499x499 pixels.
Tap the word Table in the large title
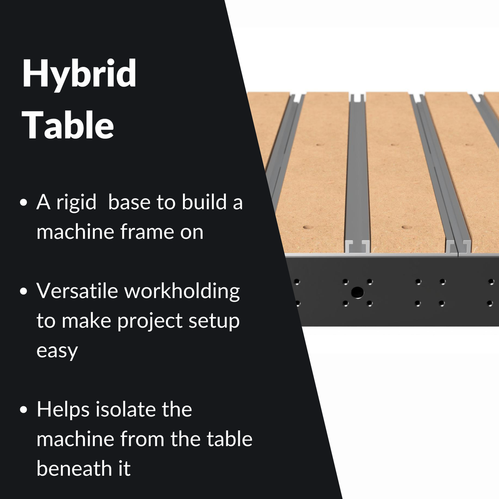tap(68, 125)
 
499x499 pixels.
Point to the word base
tap(129, 202)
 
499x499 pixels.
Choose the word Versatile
tap(77, 291)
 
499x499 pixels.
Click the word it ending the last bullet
tap(125, 469)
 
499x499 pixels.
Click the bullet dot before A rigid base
tap(24, 203)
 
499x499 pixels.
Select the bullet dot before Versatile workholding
tap(24, 291)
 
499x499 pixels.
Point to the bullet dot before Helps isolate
tap(24, 410)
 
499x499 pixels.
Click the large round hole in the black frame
tap(357, 293)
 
